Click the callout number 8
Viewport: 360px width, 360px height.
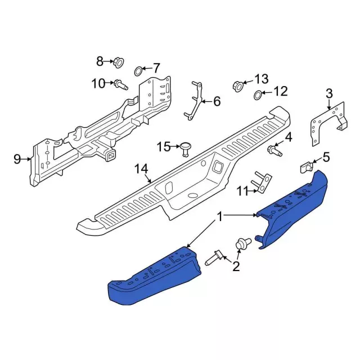[100, 61]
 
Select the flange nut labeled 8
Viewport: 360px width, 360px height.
[119, 62]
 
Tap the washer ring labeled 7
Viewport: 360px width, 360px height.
[138, 71]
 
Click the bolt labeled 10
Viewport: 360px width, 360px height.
[121, 85]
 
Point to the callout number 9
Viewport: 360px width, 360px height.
[17, 159]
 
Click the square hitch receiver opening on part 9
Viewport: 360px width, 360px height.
[111, 157]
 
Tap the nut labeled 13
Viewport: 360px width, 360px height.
[238, 87]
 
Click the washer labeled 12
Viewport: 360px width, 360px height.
[258, 95]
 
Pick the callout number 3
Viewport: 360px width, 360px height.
[329, 94]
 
